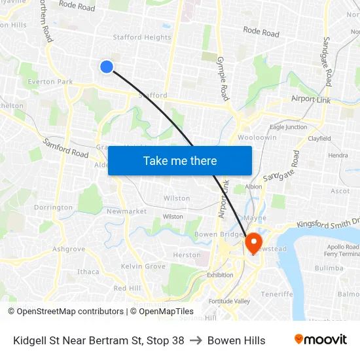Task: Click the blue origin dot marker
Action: [x=107, y=66]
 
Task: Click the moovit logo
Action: [x=321, y=340]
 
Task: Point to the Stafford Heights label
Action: [x=142, y=37]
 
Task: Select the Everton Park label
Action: [x=50, y=82]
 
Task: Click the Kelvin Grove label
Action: [x=143, y=266]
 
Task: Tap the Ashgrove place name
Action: [x=69, y=249]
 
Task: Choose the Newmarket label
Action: [x=126, y=211]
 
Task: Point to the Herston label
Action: [x=187, y=255]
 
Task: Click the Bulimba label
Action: [x=329, y=268]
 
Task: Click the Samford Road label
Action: [x=65, y=148]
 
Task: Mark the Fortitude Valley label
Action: [x=229, y=301]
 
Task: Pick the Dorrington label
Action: [x=54, y=207]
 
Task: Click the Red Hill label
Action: [x=127, y=288]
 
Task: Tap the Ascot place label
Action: [x=340, y=191]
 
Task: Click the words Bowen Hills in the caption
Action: [x=236, y=340]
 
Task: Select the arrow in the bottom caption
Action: [x=196, y=340]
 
